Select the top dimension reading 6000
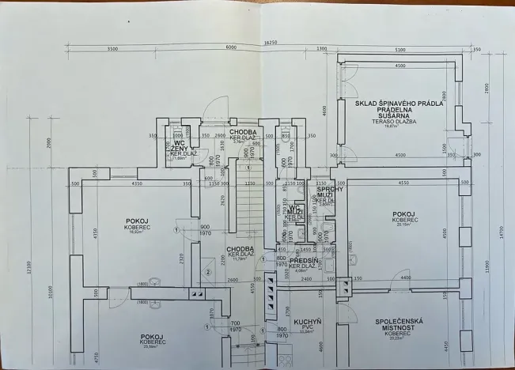point(230,49)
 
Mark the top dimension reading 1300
point(320,49)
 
